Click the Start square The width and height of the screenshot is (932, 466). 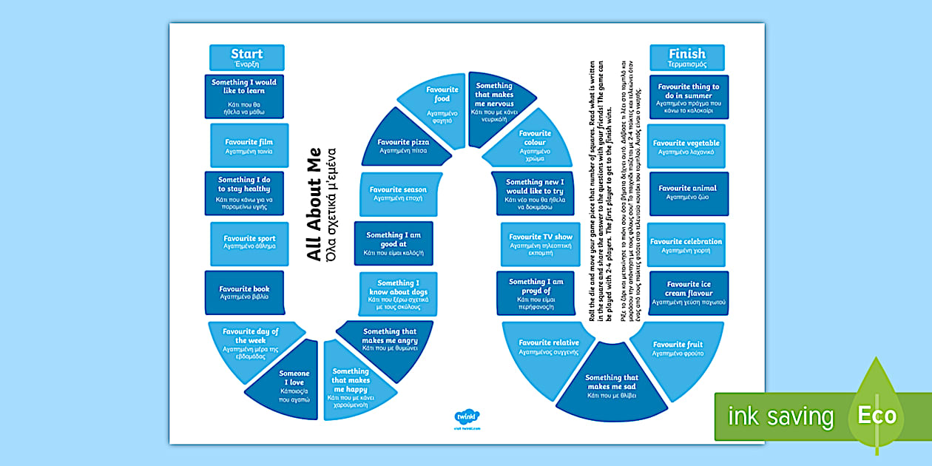point(246,58)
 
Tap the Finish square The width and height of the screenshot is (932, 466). point(686,58)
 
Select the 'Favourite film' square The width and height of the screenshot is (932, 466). point(249,146)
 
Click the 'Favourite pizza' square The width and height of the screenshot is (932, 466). point(404,146)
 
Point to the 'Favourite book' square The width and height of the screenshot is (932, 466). point(244,292)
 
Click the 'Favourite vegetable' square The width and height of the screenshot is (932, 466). point(686,146)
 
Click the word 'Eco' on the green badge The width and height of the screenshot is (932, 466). point(877,415)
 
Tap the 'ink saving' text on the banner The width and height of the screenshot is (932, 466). point(780,416)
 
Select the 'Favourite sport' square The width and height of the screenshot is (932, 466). point(249,243)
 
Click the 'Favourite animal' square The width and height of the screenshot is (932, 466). point(688,193)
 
